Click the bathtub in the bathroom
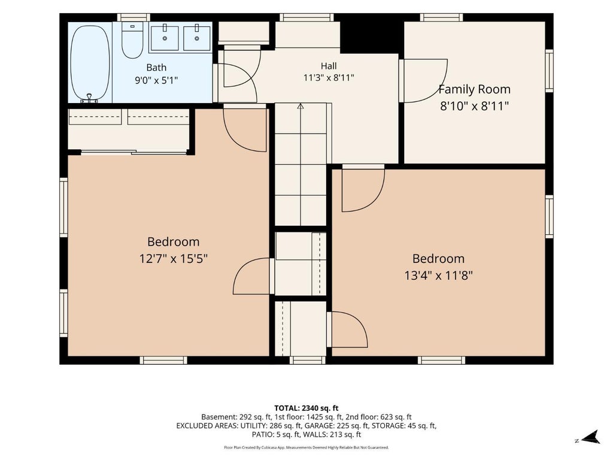90,62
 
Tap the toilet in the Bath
132,40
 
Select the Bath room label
156,67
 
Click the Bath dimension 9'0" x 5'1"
156,81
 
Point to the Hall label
329,66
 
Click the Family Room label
474,89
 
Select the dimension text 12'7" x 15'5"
174,259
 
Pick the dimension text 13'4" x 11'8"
439,276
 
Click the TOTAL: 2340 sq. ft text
306,408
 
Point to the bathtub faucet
90,98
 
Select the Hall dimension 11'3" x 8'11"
329,77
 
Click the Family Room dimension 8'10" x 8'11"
474,106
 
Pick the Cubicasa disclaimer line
306,447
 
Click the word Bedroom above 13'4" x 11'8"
439,259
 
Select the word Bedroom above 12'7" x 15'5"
174,242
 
